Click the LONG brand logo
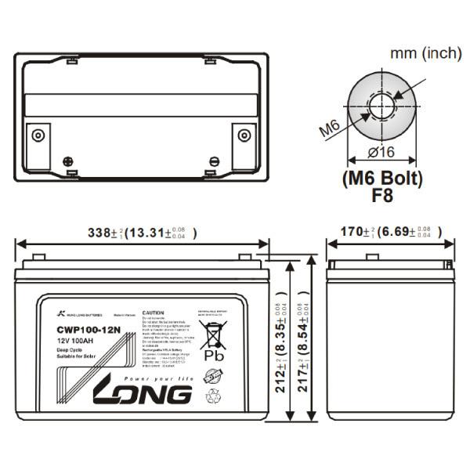[143, 393]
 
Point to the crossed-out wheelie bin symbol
[212, 332]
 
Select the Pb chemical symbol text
[213, 355]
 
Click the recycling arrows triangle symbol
[213, 396]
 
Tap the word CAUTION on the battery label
[154, 312]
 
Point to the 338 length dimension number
[97, 233]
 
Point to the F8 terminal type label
[382, 196]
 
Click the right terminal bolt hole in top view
[243, 135]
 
